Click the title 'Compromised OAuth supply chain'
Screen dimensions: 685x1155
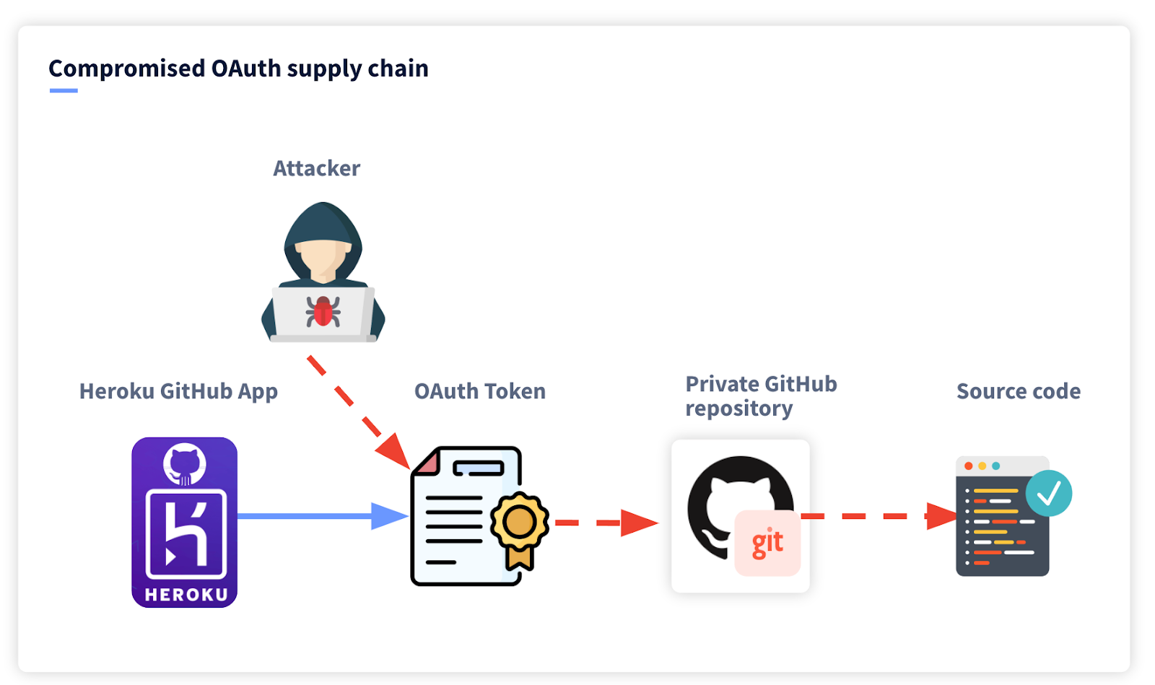tap(238, 69)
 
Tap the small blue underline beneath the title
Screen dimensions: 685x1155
tap(64, 91)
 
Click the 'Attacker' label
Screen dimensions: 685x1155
tap(316, 168)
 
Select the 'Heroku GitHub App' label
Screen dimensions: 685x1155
tap(178, 391)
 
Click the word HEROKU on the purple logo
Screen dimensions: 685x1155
tap(186, 595)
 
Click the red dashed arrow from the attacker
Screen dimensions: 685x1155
tap(354, 408)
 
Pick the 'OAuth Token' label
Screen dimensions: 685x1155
tap(479, 391)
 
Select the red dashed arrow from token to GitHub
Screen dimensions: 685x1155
tap(603, 523)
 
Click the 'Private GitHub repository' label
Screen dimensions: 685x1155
tap(760, 396)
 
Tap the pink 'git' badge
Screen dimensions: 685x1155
tap(767, 544)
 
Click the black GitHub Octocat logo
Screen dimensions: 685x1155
tap(722, 498)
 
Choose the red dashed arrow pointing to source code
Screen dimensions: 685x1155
tap(873, 516)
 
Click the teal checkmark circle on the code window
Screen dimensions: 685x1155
tap(1049, 494)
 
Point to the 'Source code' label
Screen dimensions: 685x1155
tap(1018, 391)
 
